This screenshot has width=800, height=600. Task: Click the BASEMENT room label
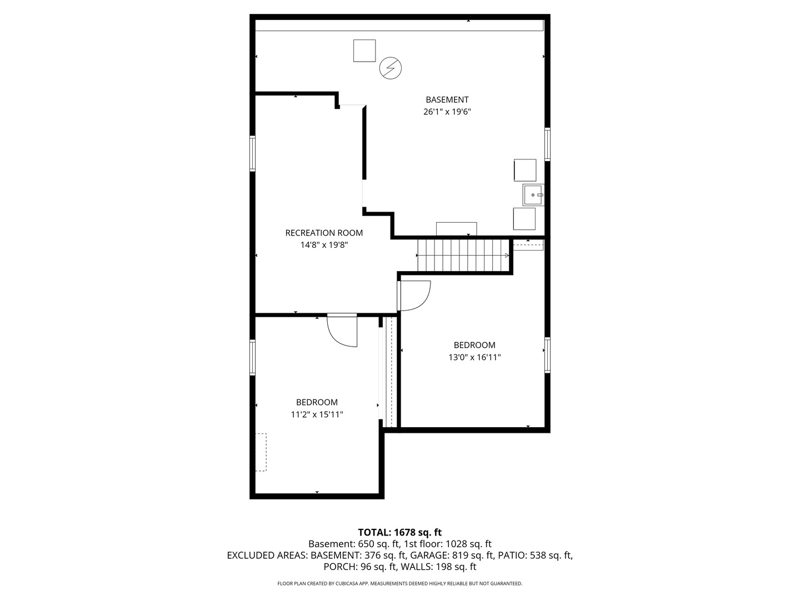[447, 99]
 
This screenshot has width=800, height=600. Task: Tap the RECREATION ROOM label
[324, 233]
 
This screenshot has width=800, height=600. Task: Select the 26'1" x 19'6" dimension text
[447, 112]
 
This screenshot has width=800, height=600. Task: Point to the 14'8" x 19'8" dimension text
[324, 245]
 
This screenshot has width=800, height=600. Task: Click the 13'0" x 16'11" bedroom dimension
[474, 357]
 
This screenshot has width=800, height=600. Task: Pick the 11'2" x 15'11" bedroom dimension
[317, 414]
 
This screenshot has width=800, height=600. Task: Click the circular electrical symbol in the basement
[390, 68]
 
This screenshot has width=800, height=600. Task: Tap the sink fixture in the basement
[533, 195]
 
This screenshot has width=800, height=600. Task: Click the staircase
[463, 255]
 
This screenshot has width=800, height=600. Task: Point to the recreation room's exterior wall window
[252, 153]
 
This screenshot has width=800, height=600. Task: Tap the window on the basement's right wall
[547, 144]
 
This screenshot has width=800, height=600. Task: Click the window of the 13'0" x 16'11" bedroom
[547, 355]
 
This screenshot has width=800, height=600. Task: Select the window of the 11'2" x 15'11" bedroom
[252, 357]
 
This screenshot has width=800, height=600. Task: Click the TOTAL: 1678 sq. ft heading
[399, 533]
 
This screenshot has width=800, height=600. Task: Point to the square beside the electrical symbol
[364, 51]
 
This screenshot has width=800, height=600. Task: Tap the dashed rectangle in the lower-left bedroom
[261, 452]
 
